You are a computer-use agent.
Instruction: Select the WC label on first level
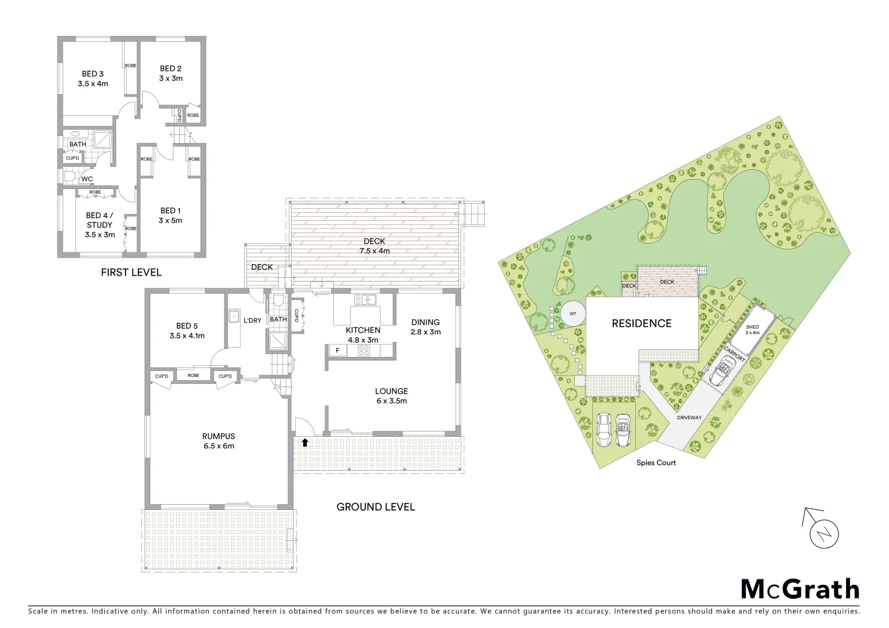[87, 179]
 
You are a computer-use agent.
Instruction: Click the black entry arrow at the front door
[304, 443]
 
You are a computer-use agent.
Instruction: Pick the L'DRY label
[252, 320]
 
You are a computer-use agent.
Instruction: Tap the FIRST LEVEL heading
[131, 272]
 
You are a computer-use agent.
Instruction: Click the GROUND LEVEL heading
[375, 507]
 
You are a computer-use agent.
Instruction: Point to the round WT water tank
[572, 314]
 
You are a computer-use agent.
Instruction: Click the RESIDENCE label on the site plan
[641, 324]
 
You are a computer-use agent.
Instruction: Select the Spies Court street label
[656, 463]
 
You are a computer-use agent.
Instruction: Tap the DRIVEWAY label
[689, 418]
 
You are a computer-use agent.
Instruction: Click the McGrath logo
[799, 589]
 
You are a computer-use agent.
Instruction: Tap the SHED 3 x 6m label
[752, 330]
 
